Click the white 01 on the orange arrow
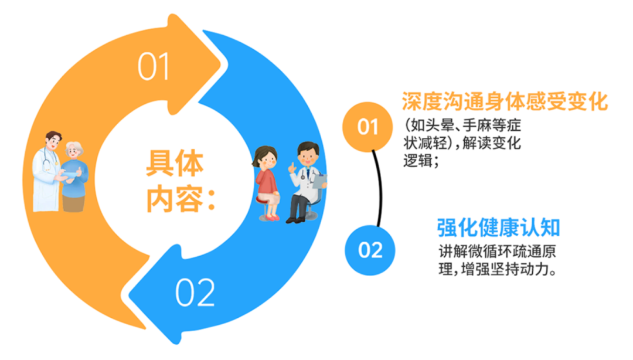tap(153, 66)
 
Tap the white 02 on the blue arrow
tap(195, 292)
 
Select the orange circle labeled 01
tap(367, 127)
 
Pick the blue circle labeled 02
tap(370, 250)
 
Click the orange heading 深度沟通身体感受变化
tap(505, 101)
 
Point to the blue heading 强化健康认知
tap(499, 228)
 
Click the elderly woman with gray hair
tap(74, 176)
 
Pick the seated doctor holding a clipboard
tap(306, 182)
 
